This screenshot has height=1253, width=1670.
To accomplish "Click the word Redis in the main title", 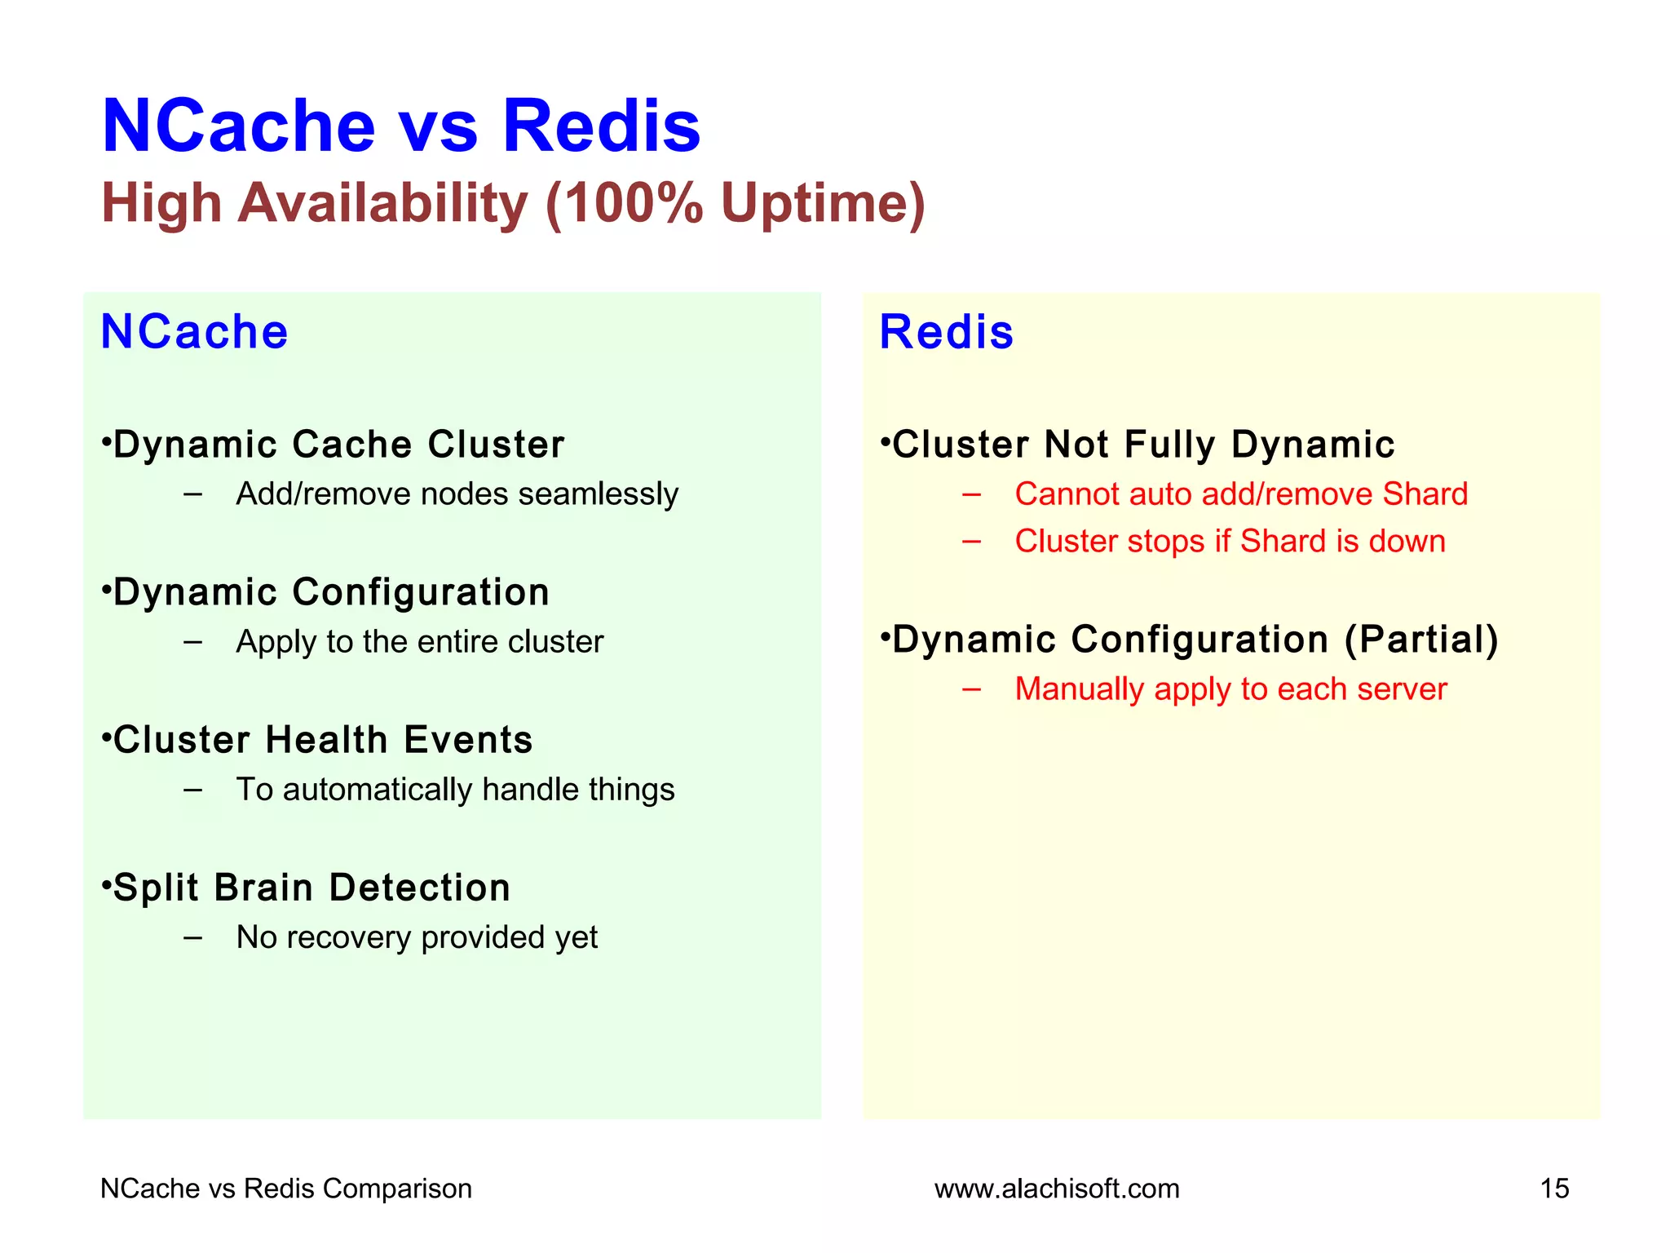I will click(x=601, y=126).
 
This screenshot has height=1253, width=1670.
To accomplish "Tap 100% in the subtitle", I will click(x=633, y=203).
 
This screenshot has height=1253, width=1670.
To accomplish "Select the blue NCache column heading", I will click(x=194, y=332).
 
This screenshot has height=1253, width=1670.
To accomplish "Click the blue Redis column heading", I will click(x=946, y=332).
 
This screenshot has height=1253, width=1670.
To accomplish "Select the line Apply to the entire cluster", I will click(x=419, y=642).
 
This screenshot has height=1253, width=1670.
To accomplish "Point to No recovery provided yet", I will click(x=417, y=937).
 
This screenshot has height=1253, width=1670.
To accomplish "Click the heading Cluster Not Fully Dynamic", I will click(x=1142, y=445).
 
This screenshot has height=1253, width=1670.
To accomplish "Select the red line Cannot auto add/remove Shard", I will click(x=1240, y=494).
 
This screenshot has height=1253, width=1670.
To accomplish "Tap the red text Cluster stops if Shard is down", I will click(x=1230, y=542).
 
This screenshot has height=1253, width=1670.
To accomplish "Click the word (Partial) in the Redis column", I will click(x=1421, y=640).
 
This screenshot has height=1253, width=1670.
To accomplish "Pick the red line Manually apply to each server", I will click(x=1230, y=689).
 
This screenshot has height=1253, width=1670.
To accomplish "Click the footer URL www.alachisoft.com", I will click(x=1057, y=1189).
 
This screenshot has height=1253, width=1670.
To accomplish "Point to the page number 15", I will click(x=1554, y=1189).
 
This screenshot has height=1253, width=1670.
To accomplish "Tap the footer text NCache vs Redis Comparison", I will click(x=286, y=1189).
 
